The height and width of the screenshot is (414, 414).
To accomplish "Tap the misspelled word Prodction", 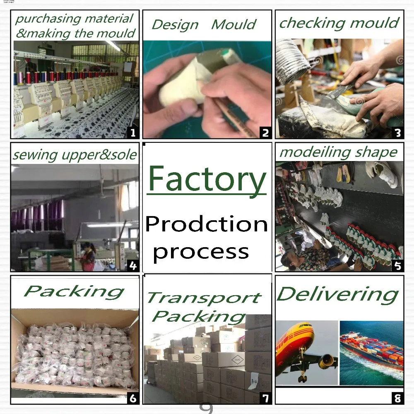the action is click(207, 224).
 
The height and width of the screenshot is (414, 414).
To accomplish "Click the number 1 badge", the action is click(132, 132).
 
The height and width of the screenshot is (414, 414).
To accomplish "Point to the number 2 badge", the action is click(265, 132).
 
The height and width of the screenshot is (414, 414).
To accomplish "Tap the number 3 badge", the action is click(397, 132).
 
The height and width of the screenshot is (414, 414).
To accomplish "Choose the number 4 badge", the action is click(132, 265).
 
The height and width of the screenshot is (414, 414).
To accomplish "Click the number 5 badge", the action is click(397, 265).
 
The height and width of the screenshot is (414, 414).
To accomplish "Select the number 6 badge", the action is click(132, 398).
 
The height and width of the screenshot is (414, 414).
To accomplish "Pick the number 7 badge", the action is click(265, 398).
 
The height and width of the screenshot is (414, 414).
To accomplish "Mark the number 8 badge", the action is click(397, 398).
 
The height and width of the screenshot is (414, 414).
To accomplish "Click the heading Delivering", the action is click(337, 295).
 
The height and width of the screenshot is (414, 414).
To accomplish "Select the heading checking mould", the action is click(339, 23).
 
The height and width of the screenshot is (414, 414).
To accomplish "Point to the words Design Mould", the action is click(204, 24).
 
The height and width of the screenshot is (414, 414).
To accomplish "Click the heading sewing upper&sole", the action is click(75, 155).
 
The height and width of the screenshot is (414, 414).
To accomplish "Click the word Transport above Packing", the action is click(204, 298).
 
